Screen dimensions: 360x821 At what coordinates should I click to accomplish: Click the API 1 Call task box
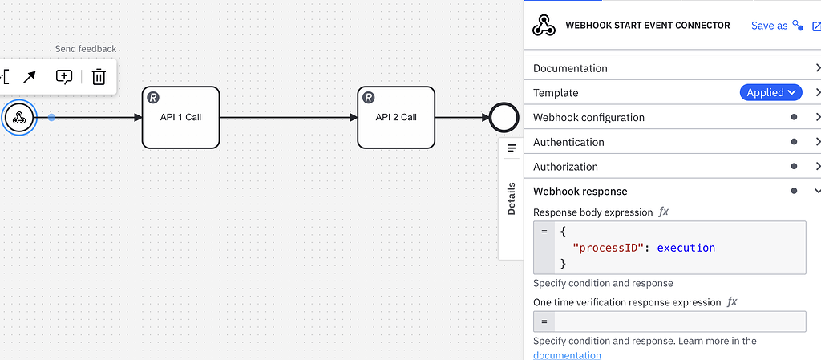tap(180, 117)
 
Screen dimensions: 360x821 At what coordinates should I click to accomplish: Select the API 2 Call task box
tap(396, 117)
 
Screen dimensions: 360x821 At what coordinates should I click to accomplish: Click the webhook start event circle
tap(19, 118)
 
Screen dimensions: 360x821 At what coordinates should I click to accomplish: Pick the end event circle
tap(504, 118)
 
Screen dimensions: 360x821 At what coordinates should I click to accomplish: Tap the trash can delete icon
tap(99, 77)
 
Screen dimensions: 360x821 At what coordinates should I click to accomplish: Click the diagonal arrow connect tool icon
tap(29, 77)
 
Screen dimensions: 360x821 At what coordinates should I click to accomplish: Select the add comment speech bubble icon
tap(64, 77)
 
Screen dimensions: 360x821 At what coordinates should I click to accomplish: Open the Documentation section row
tap(570, 68)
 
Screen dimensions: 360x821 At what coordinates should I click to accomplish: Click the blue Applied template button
tap(770, 93)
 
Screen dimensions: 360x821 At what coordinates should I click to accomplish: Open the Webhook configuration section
tap(588, 118)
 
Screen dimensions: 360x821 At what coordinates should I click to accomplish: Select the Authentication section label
tap(568, 142)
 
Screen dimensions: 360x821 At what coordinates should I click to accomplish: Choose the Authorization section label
tap(565, 167)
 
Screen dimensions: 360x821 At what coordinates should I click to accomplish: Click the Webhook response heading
tap(580, 192)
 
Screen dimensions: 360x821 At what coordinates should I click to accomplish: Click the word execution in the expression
tap(686, 248)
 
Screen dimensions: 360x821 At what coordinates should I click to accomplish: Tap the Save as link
tap(769, 26)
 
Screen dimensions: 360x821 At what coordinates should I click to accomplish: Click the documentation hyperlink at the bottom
tap(567, 355)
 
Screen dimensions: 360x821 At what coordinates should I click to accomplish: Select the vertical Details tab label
tap(512, 196)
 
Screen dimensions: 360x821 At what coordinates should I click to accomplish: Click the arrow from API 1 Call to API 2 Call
tap(289, 118)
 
